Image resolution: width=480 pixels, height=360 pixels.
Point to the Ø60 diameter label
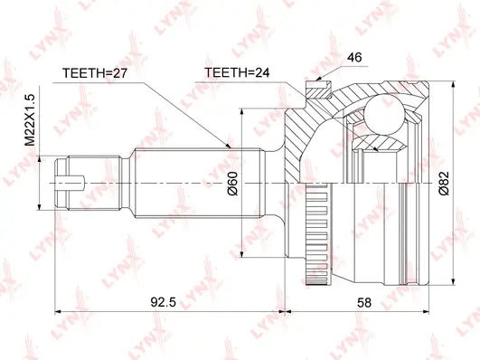(233, 185)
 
